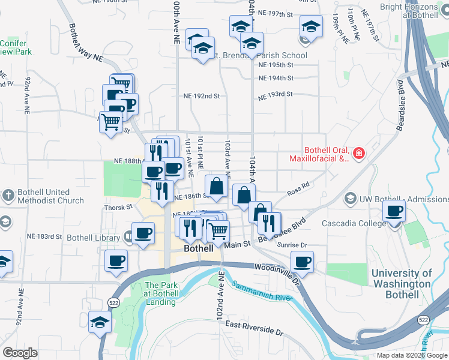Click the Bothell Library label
pyautogui.click(x=93, y=238)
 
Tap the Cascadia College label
pyautogui.click(x=353, y=223)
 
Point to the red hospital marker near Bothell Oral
pyautogui.click(x=359, y=154)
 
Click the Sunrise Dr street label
pyautogui.click(x=292, y=245)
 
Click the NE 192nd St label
pyautogui.click(x=202, y=95)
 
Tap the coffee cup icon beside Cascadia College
pyautogui.click(x=394, y=211)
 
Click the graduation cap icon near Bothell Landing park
pyautogui.click(x=100, y=322)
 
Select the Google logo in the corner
pyautogui.click(x=20, y=352)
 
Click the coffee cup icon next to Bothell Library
pyautogui.click(x=143, y=233)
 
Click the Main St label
pyautogui.click(x=238, y=244)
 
